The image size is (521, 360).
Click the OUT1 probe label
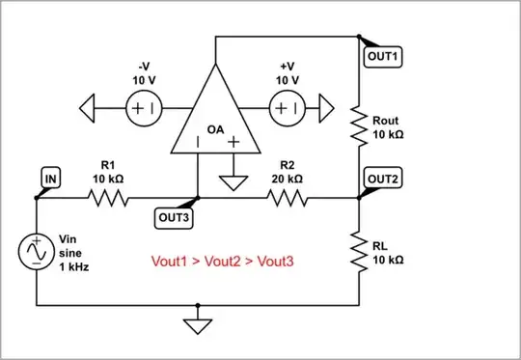click(x=384, y=57)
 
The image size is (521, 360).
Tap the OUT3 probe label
click(x=175, y=217)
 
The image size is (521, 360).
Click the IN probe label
click(x=49, y=179)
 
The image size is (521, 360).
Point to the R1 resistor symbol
click(x=108, y=199)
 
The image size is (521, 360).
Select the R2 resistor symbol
click(x=288, y=199)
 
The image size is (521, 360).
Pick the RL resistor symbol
click(x=359, y=253)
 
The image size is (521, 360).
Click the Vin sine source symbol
click(x=37, y=253)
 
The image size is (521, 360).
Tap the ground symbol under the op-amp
click(x=233, y=181)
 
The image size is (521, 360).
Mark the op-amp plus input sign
click(x=233, y=143)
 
